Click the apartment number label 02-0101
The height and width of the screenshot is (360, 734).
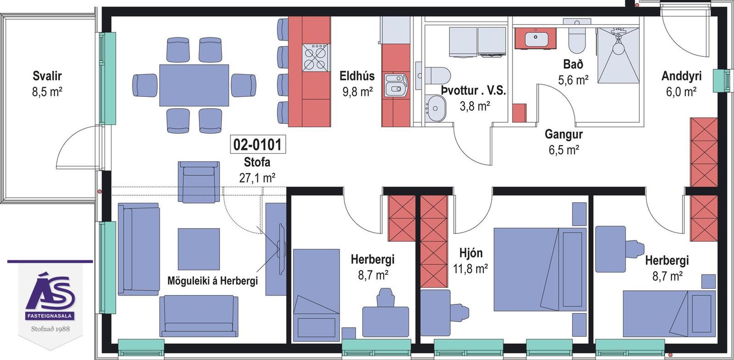[258, 144]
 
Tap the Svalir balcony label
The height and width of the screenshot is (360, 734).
[47, 76]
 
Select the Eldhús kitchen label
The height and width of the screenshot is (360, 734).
[357, 76]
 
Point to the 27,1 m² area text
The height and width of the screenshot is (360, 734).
[257, 178]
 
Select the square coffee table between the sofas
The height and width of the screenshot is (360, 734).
[199, 249]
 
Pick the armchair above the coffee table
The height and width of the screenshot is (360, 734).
[199, 182]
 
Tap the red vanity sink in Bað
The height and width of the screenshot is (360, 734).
[536, 38]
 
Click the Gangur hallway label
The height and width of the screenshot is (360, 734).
[564, 134]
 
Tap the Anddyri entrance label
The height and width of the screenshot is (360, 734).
[681, 76]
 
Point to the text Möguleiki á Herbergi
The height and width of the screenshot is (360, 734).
[212, 281]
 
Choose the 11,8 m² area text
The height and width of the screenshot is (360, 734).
[470, 269]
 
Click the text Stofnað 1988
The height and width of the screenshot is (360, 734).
[50, 329]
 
